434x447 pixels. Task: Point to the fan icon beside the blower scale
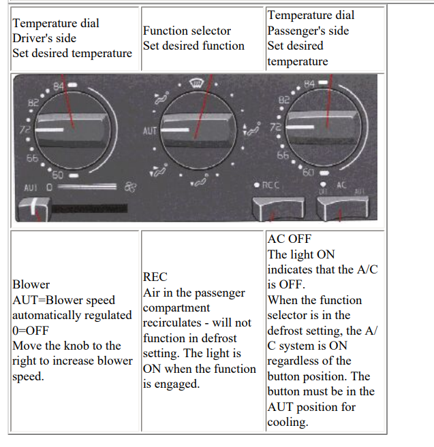pyautogui.click(x=131, y=185)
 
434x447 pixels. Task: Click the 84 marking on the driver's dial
pyautogui.click(x=58, y=86)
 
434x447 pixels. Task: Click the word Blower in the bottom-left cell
pyautogui.click(x=31, y=284)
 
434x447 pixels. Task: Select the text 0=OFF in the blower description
pyautogui.click(x=31, y=330)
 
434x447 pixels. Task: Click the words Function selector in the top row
pyautogui.click(x=187, y=31)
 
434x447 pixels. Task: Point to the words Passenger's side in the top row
pyautogui.click(x=308, y=31)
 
